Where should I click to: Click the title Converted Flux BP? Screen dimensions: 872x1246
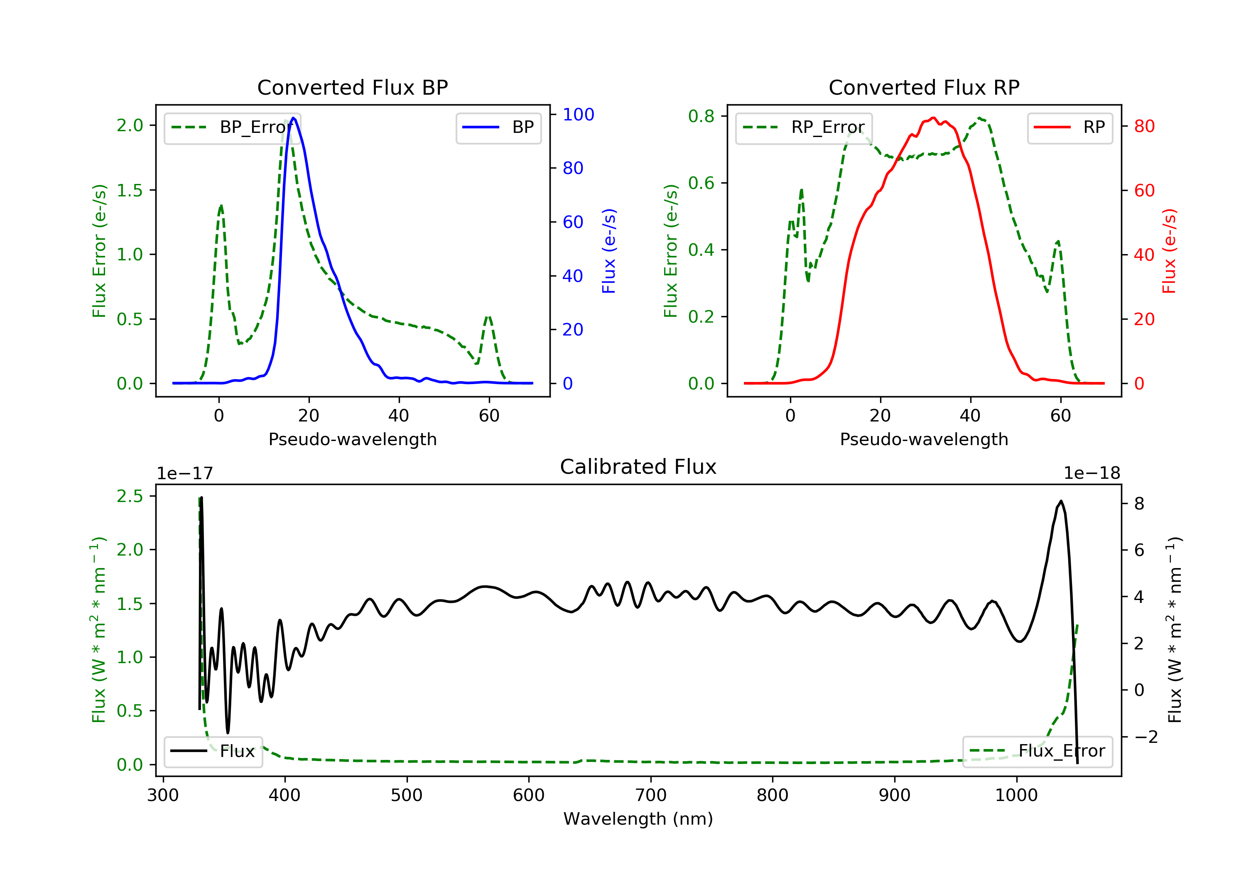coord(352,87)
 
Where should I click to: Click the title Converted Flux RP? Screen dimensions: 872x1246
coord(924,87)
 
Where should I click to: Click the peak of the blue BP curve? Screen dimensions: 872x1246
coord(294,118)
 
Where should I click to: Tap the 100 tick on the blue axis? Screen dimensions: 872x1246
coord(578,115)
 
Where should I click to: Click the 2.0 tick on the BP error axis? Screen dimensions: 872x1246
coord(130,125)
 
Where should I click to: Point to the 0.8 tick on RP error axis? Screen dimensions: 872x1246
coord(701,116)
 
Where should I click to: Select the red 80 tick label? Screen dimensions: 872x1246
coord(1144,126)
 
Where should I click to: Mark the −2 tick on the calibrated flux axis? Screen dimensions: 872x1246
coord(1145,737)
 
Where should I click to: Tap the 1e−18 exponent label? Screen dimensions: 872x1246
coord(1091,474)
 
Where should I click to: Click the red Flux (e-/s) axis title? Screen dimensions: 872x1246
coord(1169,251)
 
